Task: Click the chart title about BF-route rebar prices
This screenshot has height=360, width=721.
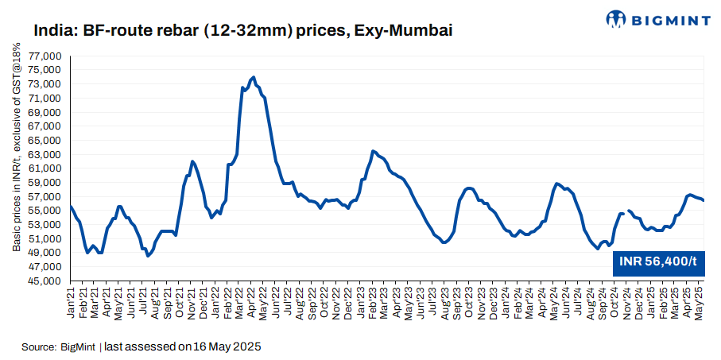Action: click(x=243, y=31)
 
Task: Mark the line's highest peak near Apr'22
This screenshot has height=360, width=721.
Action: click(x=253, y=77)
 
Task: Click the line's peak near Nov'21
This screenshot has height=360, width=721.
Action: click(x=192, y=161)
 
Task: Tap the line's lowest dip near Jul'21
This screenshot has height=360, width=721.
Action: click(x=148, y=256)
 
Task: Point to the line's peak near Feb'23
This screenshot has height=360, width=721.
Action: click(x=373, y=151)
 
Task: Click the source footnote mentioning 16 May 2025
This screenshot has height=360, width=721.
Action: click(x=141, y=347)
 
